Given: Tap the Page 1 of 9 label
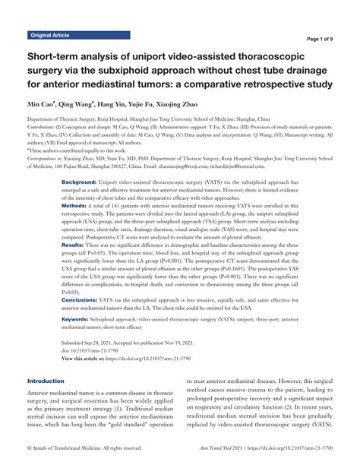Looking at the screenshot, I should [x=327, y=39].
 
